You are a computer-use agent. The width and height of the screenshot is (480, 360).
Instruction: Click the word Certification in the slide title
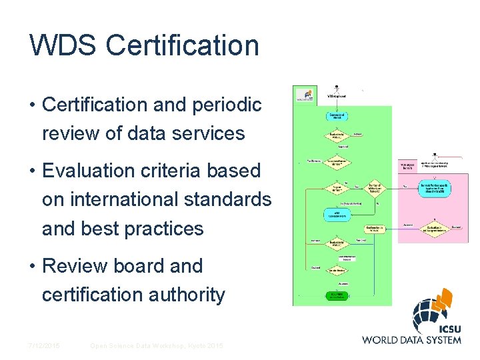(x=182, y=46)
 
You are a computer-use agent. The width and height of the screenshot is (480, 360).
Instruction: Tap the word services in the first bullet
(x=207, y=133)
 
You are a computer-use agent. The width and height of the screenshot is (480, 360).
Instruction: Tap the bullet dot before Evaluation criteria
(x=32, y=171)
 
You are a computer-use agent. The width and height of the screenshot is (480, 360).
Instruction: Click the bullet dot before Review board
(x=32, y=267)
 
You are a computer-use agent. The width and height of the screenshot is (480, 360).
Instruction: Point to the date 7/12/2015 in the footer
(x=43, y=345)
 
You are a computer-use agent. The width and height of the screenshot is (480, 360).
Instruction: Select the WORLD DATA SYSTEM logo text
(x=411, y=339)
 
